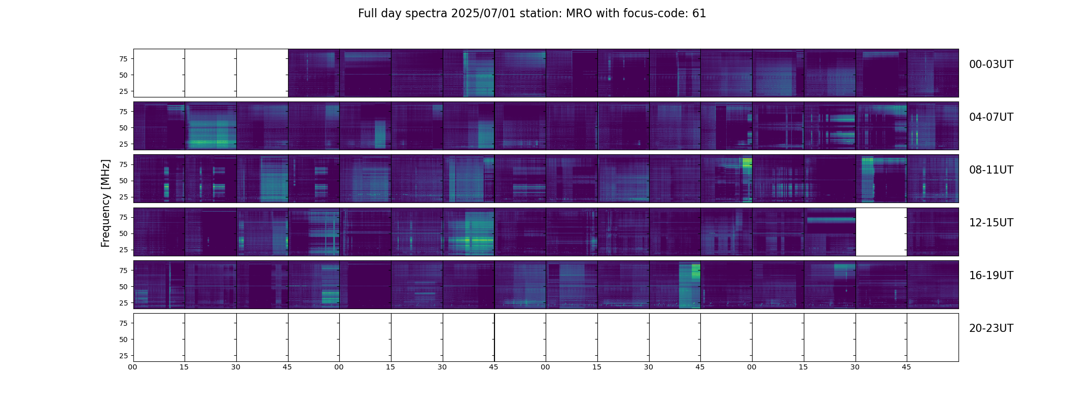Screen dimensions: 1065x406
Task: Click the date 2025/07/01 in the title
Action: (483, 14)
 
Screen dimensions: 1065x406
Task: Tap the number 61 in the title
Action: (699, 14)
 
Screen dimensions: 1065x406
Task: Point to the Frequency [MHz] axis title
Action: (105, 204)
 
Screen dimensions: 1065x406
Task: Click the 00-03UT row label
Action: (991, 64)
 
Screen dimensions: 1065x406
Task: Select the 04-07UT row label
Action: (991, 117)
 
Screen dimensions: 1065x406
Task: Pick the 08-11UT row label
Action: (991, 170)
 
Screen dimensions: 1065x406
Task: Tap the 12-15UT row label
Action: (991, 223)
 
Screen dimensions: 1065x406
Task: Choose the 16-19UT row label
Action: (991, 276)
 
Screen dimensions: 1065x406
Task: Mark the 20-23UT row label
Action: (991, 328)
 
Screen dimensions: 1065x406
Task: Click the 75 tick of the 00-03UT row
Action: (123, 59)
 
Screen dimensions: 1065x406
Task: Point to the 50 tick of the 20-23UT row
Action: (123, 340)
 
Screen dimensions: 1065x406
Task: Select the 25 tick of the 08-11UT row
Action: (123, 197)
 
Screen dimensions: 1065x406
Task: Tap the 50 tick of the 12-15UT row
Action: (123, 233)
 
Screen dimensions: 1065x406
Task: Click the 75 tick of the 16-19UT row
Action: (123, 270)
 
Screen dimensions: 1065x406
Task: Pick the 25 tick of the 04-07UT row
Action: (123, 144)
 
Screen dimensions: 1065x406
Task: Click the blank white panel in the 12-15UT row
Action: (881, 232)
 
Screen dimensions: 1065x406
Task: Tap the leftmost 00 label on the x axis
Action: (132, 367)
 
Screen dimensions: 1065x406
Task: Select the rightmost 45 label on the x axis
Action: (906, 367)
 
